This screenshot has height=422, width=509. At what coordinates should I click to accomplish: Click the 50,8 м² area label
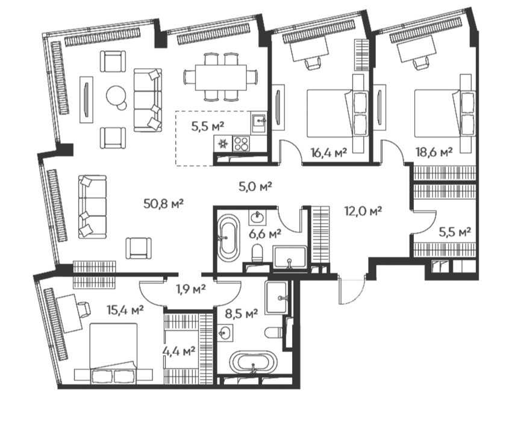coord(164,204)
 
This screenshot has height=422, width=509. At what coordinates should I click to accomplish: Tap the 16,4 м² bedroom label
coord(328,152)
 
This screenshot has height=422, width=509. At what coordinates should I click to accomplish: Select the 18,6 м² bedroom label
coord(434,152)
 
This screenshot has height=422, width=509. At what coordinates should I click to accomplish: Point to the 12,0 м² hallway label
coord(363,211)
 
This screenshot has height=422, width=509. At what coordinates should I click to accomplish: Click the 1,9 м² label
coord(191,289)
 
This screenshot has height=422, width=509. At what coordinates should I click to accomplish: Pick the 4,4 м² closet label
coord(179,351)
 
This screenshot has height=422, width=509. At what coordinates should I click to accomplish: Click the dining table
coord(220,77)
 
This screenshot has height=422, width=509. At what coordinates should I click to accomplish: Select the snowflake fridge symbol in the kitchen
coord(223,143)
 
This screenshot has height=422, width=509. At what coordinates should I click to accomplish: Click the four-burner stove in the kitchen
coord(242,143)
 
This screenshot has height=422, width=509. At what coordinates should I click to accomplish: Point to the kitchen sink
coord(259,122)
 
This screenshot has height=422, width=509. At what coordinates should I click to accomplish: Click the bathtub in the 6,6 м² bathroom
coord(228,237)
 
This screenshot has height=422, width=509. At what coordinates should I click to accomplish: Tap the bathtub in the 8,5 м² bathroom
coord(254,362)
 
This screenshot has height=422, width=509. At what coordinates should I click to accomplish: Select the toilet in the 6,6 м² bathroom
coord(257,253)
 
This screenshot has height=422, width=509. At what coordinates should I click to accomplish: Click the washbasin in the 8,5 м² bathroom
coord(225,333)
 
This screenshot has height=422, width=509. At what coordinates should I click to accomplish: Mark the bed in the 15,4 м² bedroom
coord(113,353)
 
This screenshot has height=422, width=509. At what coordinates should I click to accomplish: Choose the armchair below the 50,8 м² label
coord(139,248)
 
